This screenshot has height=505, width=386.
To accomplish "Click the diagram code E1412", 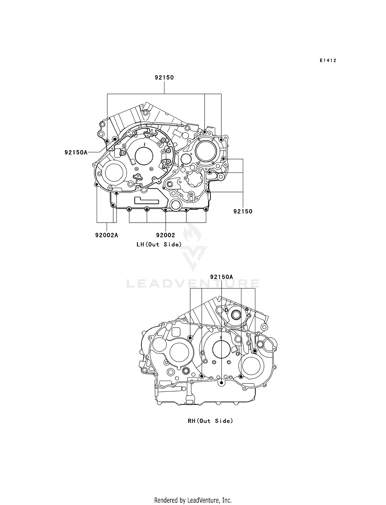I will pos(328,60).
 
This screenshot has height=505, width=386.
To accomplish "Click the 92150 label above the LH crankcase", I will pos(164,77).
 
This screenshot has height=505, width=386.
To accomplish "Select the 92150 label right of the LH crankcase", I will pos(243,211).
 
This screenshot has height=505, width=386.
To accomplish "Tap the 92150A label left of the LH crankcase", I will pos(76,152).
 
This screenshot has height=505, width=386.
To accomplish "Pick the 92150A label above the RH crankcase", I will pos(221,277).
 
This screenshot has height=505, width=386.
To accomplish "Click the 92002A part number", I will pos(107,235).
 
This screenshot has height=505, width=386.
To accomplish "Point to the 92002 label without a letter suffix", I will pos(165,235).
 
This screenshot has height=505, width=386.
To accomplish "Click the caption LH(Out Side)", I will pos(159,244).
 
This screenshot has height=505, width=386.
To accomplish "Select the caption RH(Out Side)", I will pos(210,421).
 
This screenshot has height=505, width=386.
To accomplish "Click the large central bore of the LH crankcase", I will pos(144,156).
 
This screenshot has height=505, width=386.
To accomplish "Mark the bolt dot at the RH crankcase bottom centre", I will pos(221,383).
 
